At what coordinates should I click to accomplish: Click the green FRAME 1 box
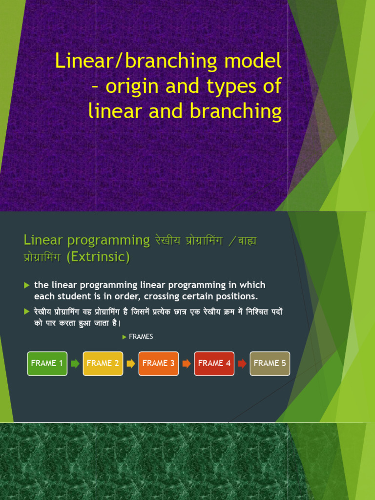[47, 363]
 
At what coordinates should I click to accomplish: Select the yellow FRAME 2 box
[103, 363]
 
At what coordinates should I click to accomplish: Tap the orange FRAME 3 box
[158, 363]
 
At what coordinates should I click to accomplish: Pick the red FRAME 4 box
[214, 363]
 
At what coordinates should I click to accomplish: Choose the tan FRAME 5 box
[270, 363]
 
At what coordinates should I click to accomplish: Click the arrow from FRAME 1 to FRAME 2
[75, 363]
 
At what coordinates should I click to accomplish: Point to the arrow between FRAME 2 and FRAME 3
[130, 363]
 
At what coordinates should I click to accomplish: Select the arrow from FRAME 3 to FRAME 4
[186, 363]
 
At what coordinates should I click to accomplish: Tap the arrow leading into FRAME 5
[242, 363]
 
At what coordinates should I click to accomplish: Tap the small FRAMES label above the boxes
[141, 337]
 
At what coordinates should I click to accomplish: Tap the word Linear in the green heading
[44, 240]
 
